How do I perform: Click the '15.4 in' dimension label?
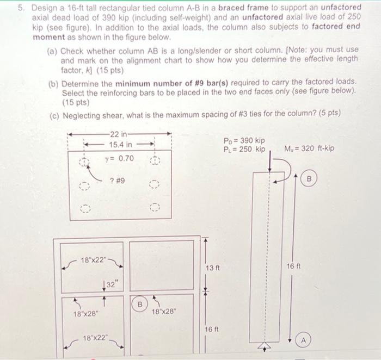click(x=121, y=144)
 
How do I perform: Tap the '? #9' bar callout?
click(x=118, y=181)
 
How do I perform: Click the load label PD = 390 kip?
click(x=244, y=140)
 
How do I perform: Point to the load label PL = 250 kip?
click(x=244, y=149)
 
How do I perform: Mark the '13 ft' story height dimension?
click(x=213, y=268)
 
